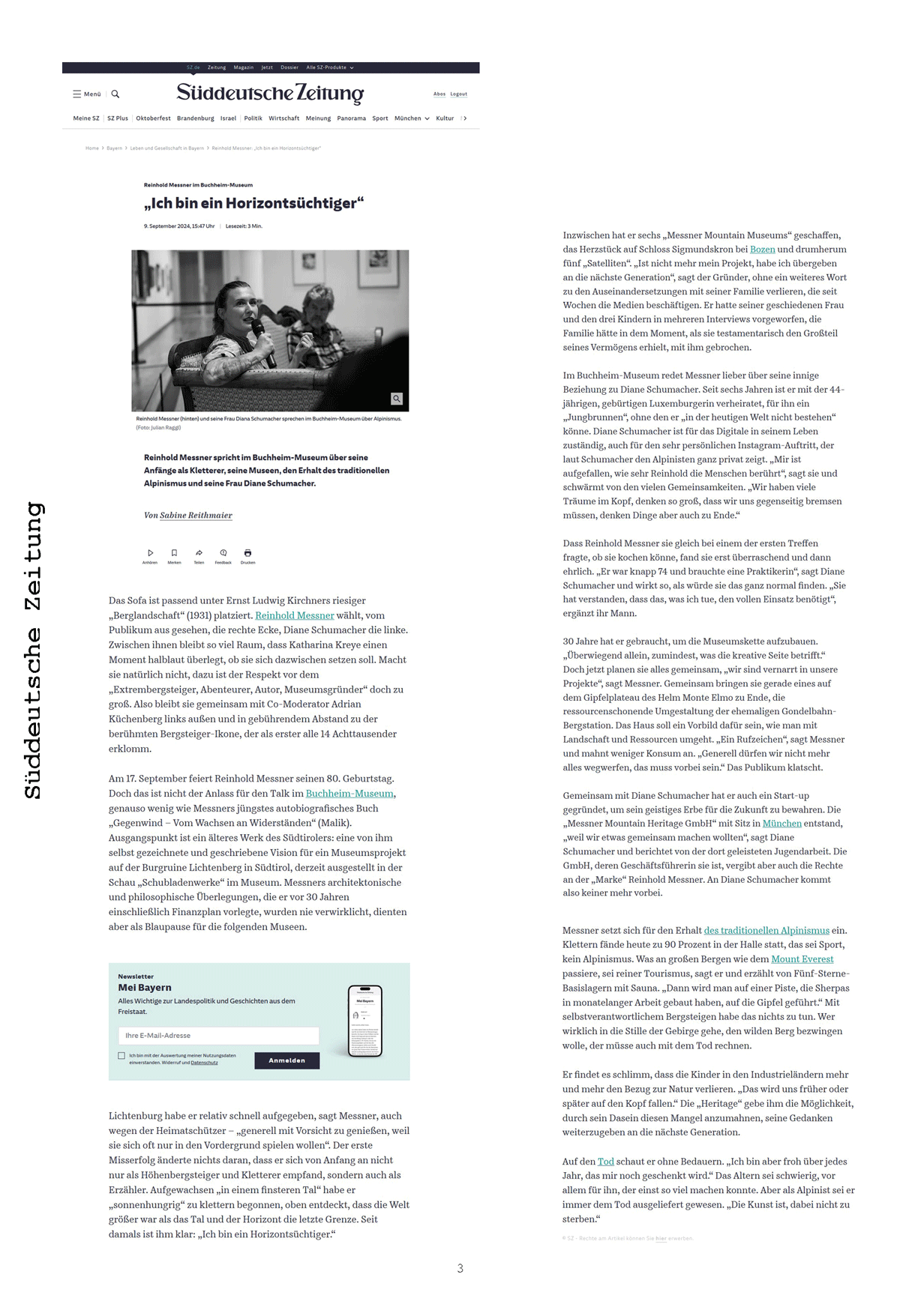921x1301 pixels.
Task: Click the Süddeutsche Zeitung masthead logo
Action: (x=270, y=93)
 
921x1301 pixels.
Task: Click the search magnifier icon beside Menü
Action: (x=115, y=94)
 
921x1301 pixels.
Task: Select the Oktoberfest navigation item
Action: (x=153, y=118)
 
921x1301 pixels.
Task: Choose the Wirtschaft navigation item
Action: (x=283, y=118)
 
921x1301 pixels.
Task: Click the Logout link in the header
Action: (x=458, y=94)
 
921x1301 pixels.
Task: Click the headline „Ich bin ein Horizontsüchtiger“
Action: (x=253, y=203)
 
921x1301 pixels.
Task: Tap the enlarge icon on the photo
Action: (x=397, y=399)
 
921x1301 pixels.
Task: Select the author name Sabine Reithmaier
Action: (x=196, y=516)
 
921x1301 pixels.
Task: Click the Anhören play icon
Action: (x=150, y=553)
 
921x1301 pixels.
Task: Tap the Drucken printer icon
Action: (x=247, y=553)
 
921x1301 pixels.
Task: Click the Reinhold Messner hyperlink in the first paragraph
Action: (x=294, y=615)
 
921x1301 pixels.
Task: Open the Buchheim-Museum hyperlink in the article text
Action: (x=349, y=794)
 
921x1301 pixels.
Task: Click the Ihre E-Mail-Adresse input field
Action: (x=218, y=1036)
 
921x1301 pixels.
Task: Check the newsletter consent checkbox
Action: (x=121, y=1056)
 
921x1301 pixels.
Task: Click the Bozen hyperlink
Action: (x=762, y=250)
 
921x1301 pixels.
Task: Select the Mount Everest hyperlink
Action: (x=802, y=959)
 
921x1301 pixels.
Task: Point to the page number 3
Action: (x=460, y=1269)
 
